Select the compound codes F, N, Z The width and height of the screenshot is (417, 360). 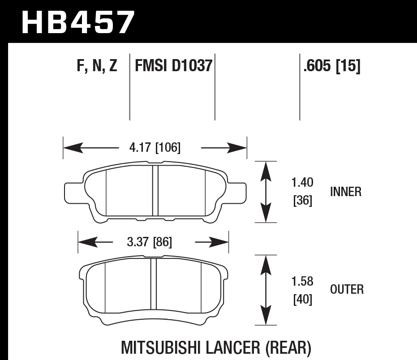tap(97, 67)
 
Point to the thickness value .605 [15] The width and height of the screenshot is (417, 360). tap(332, 67)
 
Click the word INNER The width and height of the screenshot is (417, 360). tap(345, 192)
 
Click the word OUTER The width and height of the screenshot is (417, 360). tap(347, 290)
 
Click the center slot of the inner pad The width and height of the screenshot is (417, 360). tap(155, 190)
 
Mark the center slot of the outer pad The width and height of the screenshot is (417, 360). tap(154, 285)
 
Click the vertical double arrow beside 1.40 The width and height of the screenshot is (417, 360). tap(266, 192)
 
